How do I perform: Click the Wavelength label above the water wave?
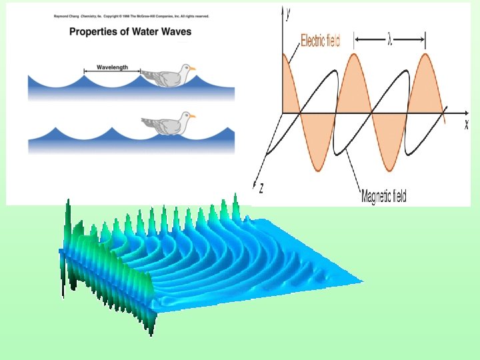click(111, 67)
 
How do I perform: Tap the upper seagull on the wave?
click(166, 76)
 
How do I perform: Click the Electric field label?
click(321, 41)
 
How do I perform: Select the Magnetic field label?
click(383, 196)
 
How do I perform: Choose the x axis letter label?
click(466, 125)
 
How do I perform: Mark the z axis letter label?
click(260, 189)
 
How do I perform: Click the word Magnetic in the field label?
click(372, 196)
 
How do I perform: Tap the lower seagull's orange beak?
click(193, 115)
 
